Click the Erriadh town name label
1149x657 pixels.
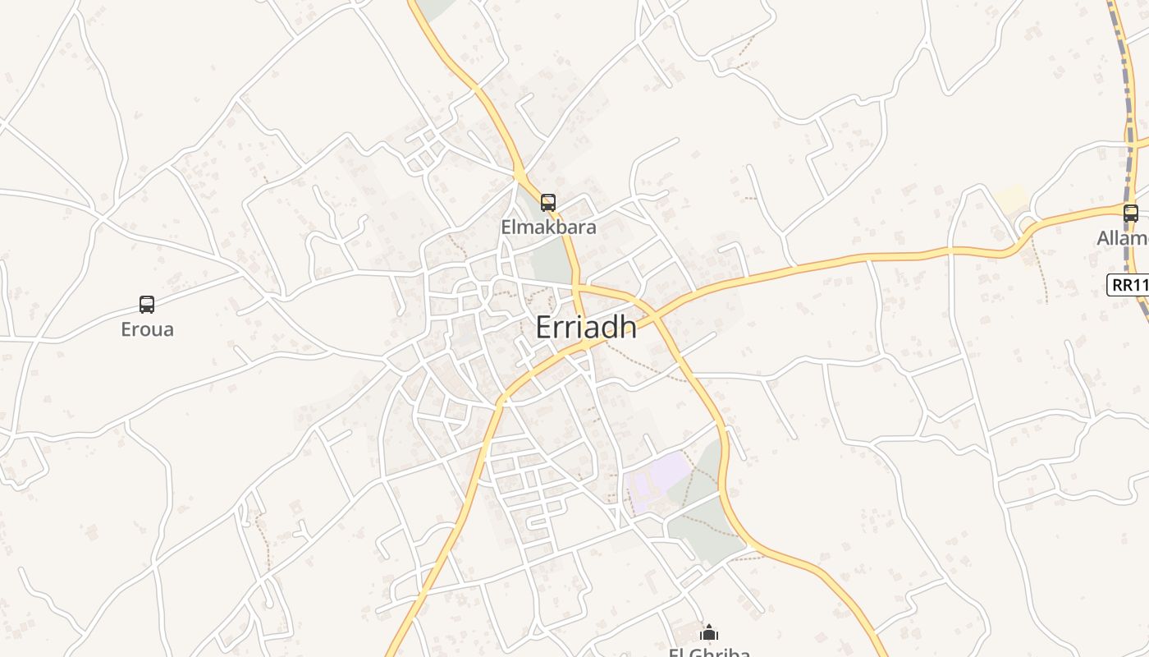[x=585, y=327]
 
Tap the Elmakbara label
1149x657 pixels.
[x=548, y=227]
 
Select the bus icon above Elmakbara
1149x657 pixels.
[x=548, y=202]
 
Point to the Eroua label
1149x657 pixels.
[x=147, y=329]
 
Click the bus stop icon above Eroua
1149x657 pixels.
[x=147, y=305]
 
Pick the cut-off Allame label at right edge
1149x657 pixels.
[x=1123, y=238]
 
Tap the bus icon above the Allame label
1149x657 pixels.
[x=1131, y=214]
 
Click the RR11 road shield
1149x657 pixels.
[x=1128, y=285]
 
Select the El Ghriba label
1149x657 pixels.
[x=709, y=653]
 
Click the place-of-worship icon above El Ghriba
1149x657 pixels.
[x=709, y=632]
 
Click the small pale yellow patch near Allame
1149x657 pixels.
[x=1012, y=199]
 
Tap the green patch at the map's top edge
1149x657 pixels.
[x=435, y=7]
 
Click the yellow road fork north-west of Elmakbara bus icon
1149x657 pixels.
[x=520, y=174]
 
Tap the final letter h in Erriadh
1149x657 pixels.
[x=628, y=327]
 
